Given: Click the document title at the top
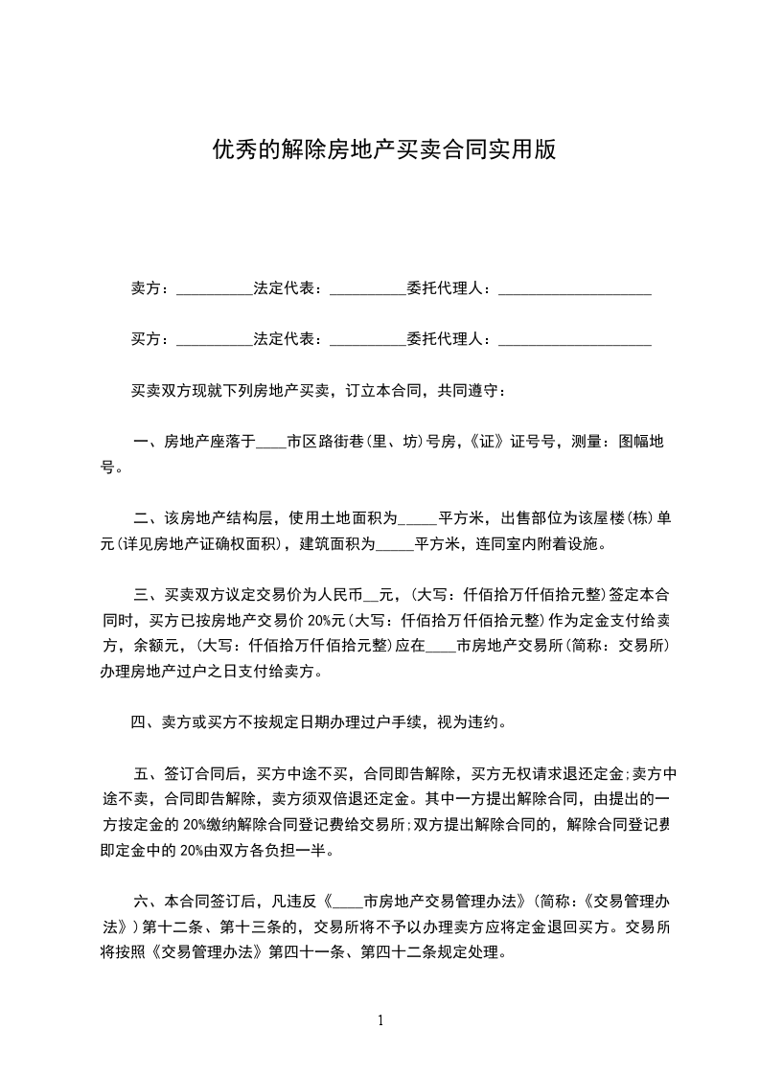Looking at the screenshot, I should click(x=383, y=151).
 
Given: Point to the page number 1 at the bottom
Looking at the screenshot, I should click(x=380, y=1020).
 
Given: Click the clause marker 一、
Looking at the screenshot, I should click(x=149, y=443).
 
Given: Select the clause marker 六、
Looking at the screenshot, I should click(x=149, y=902).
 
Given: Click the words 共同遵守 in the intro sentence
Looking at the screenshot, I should click(x=470, y=391).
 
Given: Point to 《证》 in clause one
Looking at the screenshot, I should click(x=487, y=443).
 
